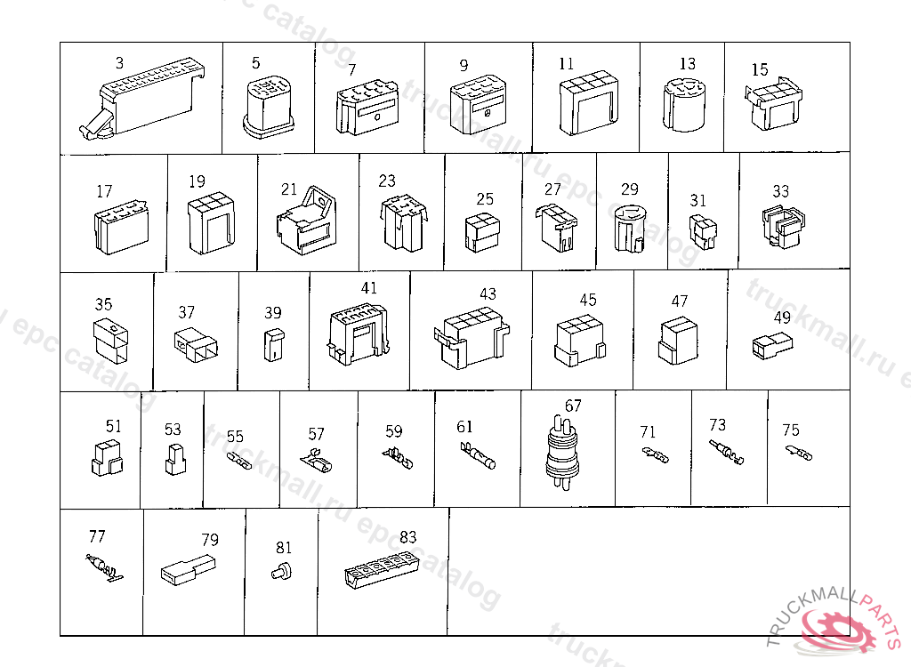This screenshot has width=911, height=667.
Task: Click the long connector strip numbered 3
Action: (x=142, y=99)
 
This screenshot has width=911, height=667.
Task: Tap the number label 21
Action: (x=289, y=189)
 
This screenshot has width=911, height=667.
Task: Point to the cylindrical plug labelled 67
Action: (x=562, y=453)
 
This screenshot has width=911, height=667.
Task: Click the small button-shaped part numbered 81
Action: (x=282, y=571)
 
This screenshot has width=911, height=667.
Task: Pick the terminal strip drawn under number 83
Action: (x=382, y=569)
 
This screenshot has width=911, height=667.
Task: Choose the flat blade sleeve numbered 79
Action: (x=189, y=569)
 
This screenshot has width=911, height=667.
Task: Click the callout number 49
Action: (x=782, y=317)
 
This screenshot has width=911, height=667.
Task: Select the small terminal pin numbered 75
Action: (x=799, y=453)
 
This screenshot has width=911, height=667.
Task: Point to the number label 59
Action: (x=394, y=431)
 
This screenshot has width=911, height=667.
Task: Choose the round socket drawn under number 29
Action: (x=629, y=229)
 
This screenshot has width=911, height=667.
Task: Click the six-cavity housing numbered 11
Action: (x=589, y=103)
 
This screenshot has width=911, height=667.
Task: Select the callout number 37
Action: (x=187, y=312)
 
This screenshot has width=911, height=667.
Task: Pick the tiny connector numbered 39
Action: (x=274, y=344)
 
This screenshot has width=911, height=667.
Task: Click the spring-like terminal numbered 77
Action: (x=104, y=567)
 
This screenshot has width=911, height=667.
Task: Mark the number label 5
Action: (x=255, y=63)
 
